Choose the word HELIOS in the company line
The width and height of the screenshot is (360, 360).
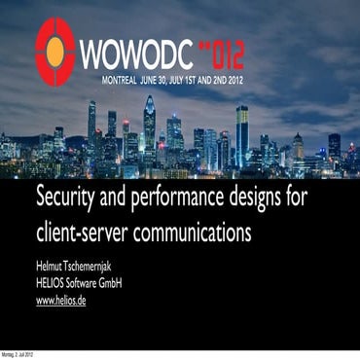coord(54,284)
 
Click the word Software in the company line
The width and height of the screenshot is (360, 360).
coord(90,284)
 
